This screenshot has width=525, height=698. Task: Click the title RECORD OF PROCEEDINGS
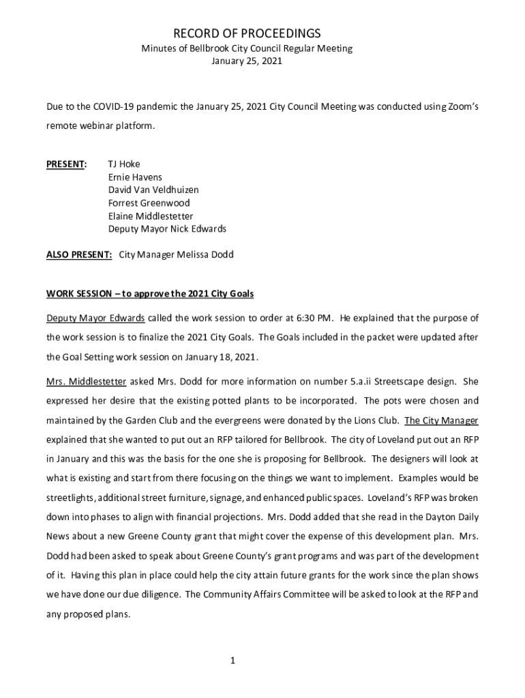coord(247,33)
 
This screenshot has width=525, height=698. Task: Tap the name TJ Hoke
coord(124,164)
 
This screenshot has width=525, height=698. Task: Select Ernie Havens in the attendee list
coord(135,177)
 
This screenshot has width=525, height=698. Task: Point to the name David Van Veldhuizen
coord(153,190)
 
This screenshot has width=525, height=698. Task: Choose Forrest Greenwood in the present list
coord(149,203)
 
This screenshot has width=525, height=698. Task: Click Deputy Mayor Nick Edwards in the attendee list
coord(167,229)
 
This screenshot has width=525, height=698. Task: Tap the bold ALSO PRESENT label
coord(79,255)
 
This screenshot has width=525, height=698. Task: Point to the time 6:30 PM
coord(312,318)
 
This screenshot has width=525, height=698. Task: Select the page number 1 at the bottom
coord(232,660)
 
